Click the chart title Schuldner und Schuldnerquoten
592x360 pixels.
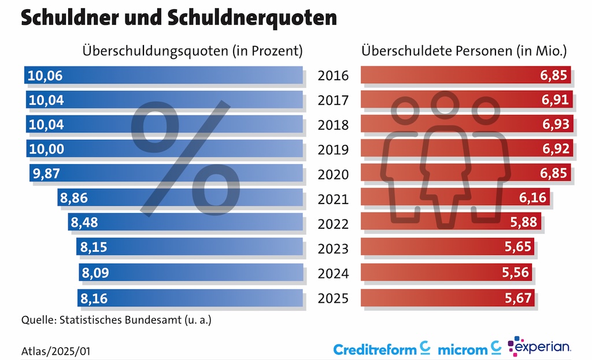179,18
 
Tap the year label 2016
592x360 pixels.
334,76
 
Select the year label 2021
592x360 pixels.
334,199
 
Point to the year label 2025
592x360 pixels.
334,298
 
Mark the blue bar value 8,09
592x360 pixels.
94,273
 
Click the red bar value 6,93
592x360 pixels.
556,124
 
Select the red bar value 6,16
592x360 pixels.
532,199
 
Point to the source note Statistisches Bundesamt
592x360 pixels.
116,320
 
